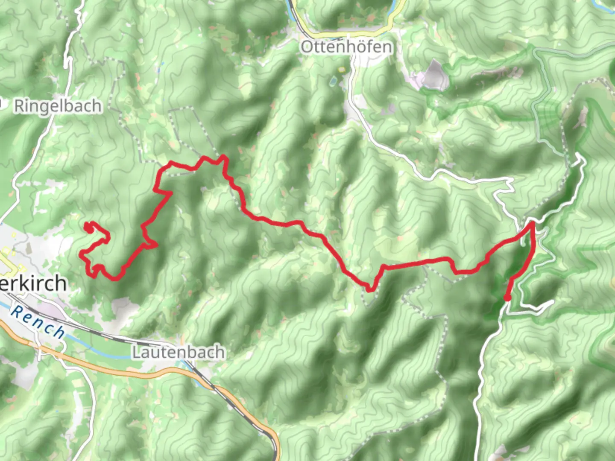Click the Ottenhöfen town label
pyautogui.click(x=346, y=47)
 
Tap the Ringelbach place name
pyautogui.click(x=58, y=106)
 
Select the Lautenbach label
pyautogui.click(x=179, y=352)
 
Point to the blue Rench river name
pyautogui.click(x=38, y=322)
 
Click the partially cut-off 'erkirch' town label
pyautogui.click(x=33, y=283)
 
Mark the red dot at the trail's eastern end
pyautogui.click(x=507, y=298)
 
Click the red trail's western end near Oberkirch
pyautogui.click(x=88, y=228)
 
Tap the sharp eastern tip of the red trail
pyautogui.click(x=533, y=222)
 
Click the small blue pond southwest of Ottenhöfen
pyautogui.click(x=333, y=81)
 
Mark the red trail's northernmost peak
pyautogui.click(x=223, y=157)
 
